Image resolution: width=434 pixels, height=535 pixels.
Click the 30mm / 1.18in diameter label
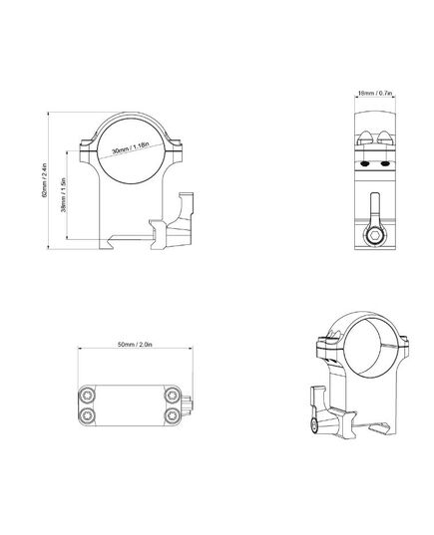click(130, 147)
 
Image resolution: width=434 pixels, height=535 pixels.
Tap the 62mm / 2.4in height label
click(44, 180)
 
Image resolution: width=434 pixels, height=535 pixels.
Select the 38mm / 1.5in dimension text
click(63, 195)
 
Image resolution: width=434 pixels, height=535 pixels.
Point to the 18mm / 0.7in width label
click(374, 93)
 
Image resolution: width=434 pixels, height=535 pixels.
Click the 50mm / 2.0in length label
click(135, 345)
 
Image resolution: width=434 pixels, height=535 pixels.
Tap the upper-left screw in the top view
click(87, 396)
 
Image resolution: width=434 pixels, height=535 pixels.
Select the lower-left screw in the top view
click(87, 415)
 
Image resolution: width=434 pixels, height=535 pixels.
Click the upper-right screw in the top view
click(172, 396)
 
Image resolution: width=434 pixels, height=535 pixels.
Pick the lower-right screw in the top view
click(172, 415)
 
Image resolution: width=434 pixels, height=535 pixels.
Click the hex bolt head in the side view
click(375, 236)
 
